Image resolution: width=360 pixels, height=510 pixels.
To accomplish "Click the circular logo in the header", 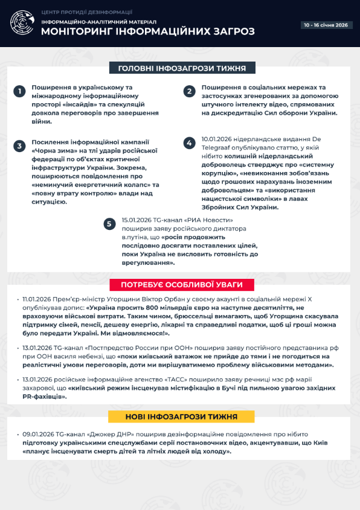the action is pyautogui.click(x=22, y=23).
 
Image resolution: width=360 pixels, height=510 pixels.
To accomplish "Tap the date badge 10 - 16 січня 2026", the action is pyautogui.click(x=326, y=25).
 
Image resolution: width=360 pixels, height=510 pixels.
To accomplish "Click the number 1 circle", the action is pyautogui.click(x=20, y=91).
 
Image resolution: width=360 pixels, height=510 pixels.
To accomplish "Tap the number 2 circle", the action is pyautogui.click(x=190, y=91).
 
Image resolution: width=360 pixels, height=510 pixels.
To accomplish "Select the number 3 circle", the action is pyautogui.click(x=20, y=146).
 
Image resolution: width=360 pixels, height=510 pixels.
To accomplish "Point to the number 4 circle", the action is pyautogui.click(x=190, y=142).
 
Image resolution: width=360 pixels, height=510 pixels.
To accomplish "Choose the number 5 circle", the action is pyautogui.click(x=109, y=224).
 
